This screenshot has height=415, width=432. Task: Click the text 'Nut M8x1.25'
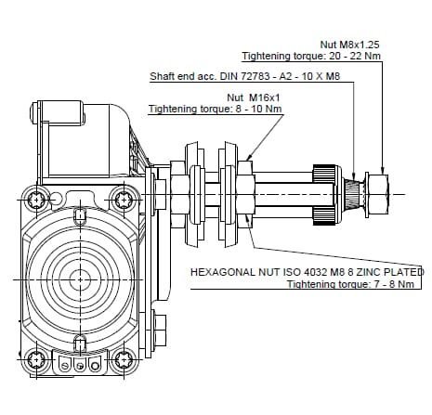click(x=349, y=45)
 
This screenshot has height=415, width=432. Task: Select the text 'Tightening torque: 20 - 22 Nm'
click(x=311, y=56)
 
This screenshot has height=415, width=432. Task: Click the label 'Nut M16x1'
click(x=254, y=97)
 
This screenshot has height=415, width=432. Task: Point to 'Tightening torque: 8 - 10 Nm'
click(x=216, y=109)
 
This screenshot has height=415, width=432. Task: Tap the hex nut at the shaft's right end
click(x=378, y=194)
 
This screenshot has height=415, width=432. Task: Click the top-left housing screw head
click(x=37, y=200)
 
